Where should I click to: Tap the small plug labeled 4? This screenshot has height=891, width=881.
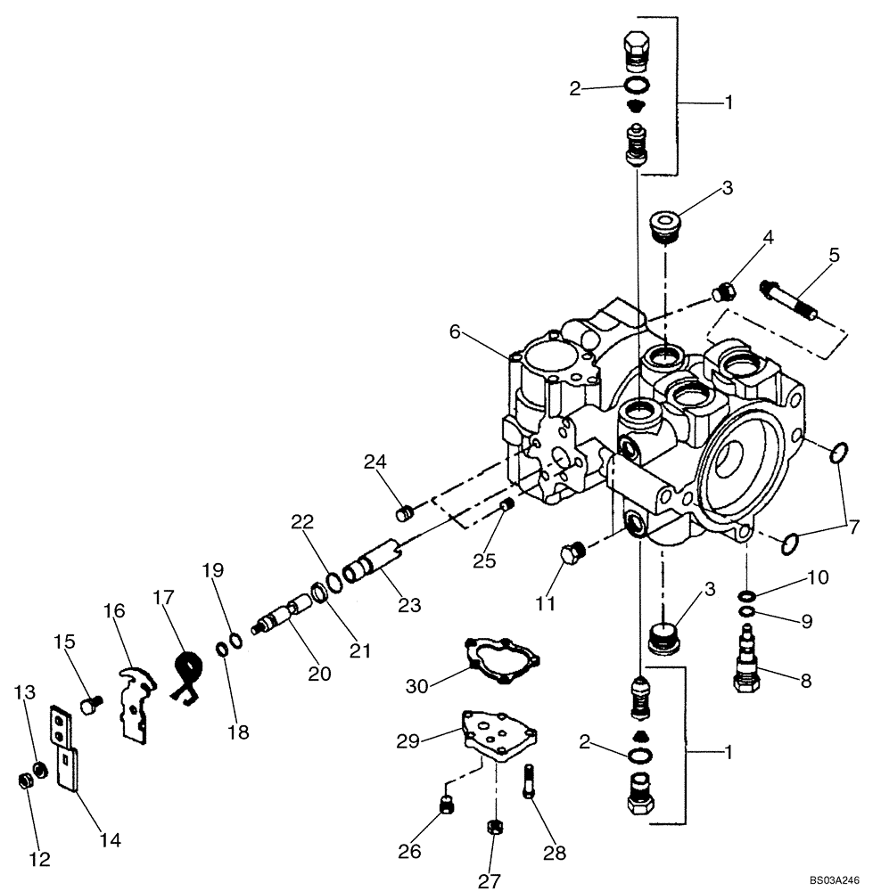pos(725,290)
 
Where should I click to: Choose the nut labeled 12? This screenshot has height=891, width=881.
pos(26,781)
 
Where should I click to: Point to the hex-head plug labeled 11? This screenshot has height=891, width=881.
pos(572,556)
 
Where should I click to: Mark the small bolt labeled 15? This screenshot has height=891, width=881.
pos(87,706)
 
